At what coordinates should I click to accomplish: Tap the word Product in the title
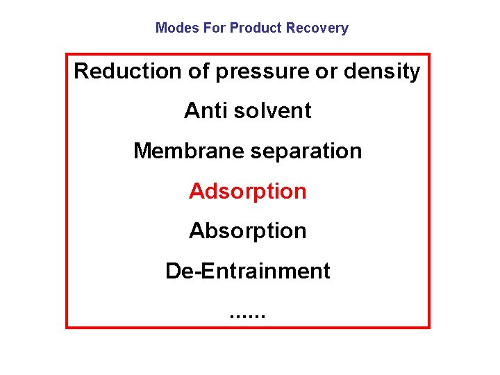pyautogui.click(x=253, y=28)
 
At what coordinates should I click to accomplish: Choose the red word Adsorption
pyautogui.click(x=247, y=191)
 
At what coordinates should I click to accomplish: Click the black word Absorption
pyautogui.click(x=247, y=231)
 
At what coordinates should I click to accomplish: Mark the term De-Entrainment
pyautogui.click(x=247, y=271)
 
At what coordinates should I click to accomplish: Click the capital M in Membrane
pyautogui.click(x=142, y=151)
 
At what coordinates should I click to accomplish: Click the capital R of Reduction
pyautogui.click(x=81, y=72)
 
